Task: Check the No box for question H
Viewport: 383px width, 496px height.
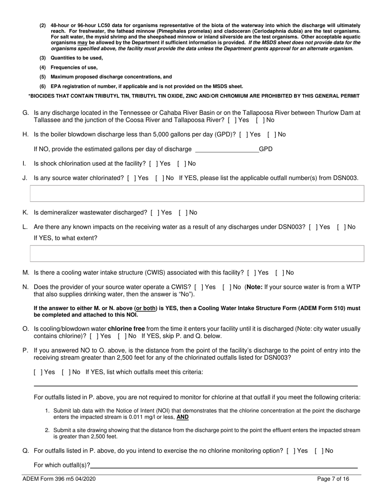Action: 271,135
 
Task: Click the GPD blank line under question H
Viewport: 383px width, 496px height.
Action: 227,149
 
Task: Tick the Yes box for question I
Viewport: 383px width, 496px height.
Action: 152,164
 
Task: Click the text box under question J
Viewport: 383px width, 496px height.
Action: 197,194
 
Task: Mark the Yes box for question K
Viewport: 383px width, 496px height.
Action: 154,213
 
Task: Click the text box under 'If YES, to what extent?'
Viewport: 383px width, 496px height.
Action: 197,254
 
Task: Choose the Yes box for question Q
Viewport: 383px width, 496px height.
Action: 290,451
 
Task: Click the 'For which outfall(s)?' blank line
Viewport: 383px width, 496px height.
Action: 224,465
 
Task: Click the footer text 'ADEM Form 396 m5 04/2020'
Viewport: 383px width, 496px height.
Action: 59,479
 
